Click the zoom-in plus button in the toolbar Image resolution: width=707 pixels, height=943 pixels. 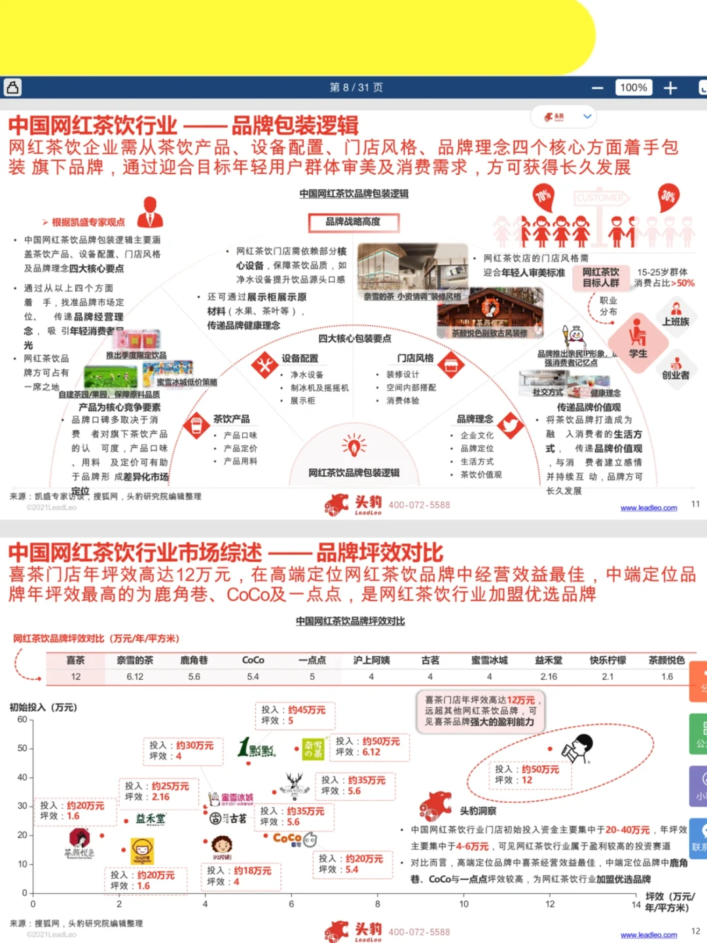coord(670,88)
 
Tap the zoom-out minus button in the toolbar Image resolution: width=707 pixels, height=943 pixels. coord(597,88)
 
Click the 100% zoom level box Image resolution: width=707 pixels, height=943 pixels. coord(633,88)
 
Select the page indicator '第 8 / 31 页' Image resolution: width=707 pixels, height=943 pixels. coord(356,88)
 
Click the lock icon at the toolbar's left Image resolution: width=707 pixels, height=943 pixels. coord(12,87)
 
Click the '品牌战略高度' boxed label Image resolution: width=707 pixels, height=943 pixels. coord(353,222)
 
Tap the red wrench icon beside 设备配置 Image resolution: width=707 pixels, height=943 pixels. coord(265,365)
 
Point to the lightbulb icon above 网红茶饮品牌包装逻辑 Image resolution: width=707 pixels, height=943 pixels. coord(354,447)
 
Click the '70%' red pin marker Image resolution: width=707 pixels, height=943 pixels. coord(543,196)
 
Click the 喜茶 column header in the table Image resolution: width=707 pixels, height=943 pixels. coord(75,660)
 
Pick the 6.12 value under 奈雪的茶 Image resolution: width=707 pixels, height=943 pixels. coord(135,676)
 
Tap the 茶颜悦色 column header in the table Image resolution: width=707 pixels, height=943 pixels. coord(666,660)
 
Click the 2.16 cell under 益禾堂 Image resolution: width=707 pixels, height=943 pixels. coord(549,676)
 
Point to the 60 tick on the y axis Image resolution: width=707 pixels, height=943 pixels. coord(22,720)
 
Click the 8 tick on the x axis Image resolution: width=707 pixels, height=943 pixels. coord(378,904)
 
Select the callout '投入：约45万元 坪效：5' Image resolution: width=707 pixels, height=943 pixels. coord(295,715)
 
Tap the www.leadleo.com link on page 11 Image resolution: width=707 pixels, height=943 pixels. coord(649,508)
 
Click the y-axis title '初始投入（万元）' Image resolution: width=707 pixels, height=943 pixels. coord(43,707)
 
